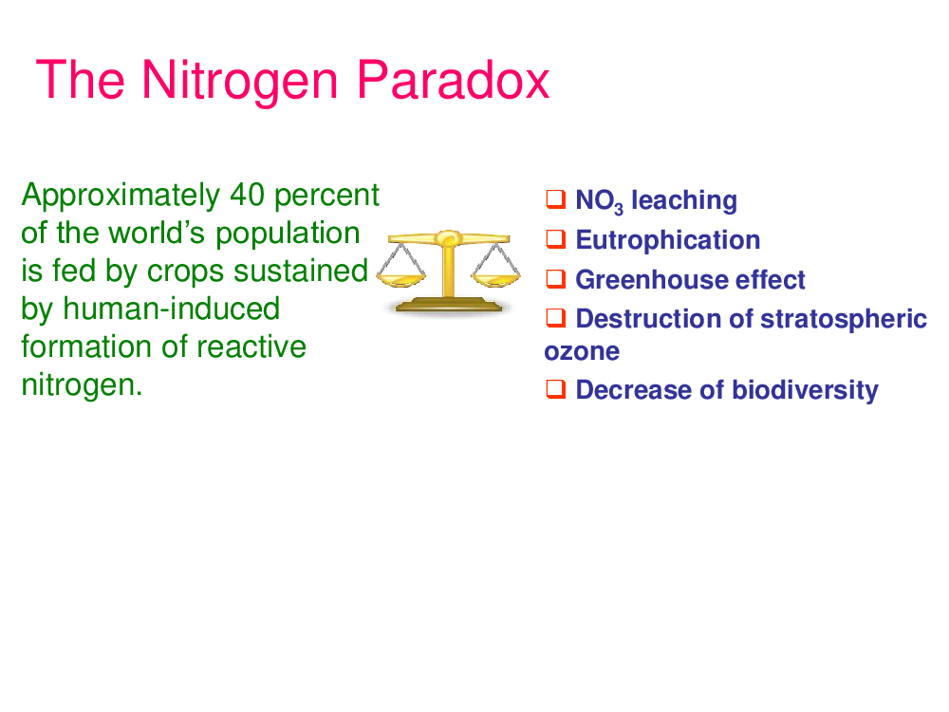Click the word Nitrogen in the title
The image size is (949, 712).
pyautogui.click(x=239, y=82)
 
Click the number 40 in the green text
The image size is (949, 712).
pyautogui.click(x=247, y=195)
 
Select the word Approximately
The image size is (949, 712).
pyautogui.click(x=121, y=197)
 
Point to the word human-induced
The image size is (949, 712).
pyautogui.click(x=171, y=309)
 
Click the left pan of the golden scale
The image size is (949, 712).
pyautogui.click(x=400, y=279)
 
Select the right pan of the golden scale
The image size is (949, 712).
pyautogui.click(x=495, y=279)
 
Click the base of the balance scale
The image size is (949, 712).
pyautogui.click(x=449, y=305)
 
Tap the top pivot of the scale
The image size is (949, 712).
pyautogui.click(x=448, y=237)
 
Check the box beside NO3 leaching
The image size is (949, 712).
pyautogui.click(x=555, y=198)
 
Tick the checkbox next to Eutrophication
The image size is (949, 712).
pyautogui.click(x=555, y=239)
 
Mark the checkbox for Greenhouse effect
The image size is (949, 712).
pyautogui.click(x=555, y=278)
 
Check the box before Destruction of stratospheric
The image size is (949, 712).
pyautogui.click(x=555, y=317)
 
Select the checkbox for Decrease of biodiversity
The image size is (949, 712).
pyautogui.click(x=555, y=388)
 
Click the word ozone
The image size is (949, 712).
pyautogui.click(x=582, y=352)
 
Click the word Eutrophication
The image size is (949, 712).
pyautogui.click(x=667, y=240)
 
